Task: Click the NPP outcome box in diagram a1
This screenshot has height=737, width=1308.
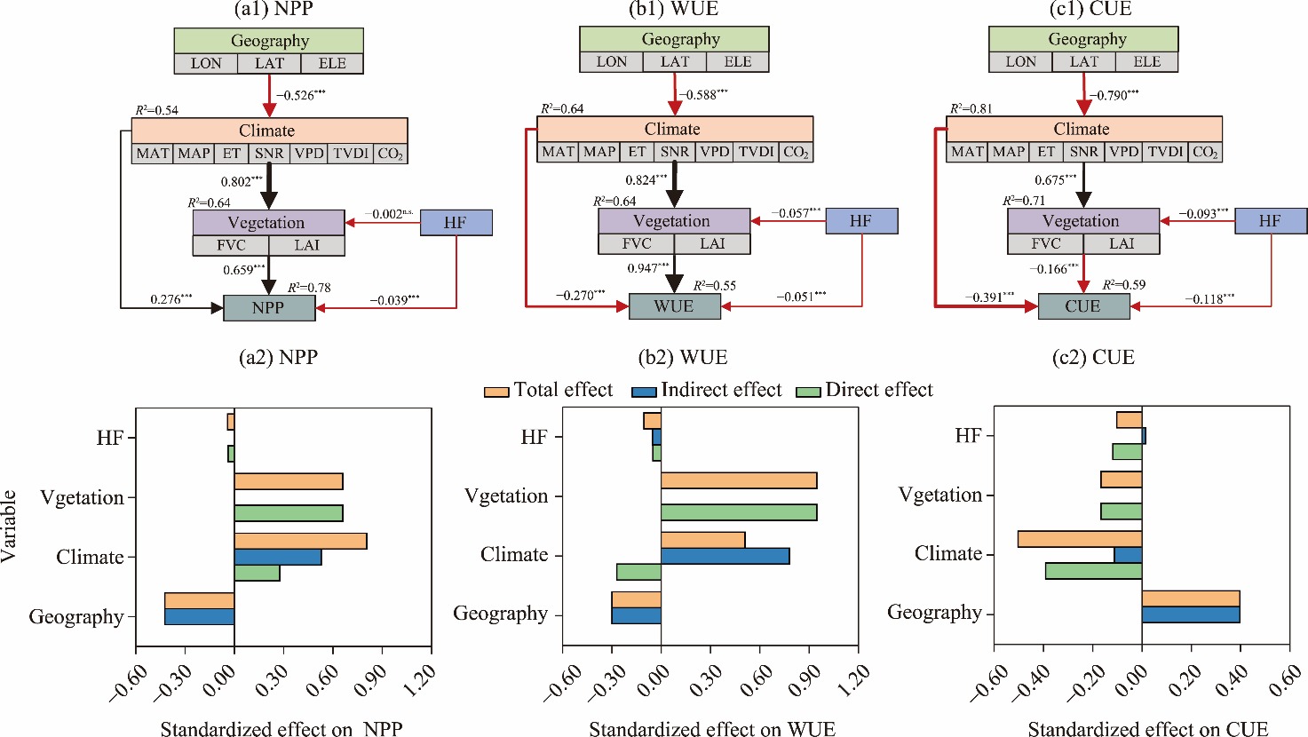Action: pos(268,307)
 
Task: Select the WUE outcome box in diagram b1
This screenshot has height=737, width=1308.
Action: pos(674,306)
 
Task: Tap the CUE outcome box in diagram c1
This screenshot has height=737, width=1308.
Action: pos(1083,306)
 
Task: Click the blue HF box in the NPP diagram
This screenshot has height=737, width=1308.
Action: pos(455,222)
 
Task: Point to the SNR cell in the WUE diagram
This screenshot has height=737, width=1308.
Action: pos(675,152)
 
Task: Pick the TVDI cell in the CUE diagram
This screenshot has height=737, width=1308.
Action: pos(1165,152)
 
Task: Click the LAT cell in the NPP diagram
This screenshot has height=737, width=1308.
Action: pos(269,63)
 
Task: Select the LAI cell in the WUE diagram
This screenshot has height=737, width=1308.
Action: pos(712,243)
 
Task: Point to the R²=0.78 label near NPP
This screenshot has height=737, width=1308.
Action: pos(309,287)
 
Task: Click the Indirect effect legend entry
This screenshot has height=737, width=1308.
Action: pos(707,390)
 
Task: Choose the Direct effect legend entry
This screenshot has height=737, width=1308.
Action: pos(865,390)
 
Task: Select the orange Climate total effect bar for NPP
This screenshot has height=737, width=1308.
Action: pos(300,542)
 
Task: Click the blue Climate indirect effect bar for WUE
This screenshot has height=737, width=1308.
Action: pos(725,556)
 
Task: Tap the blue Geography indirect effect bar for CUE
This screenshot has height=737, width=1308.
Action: pos(1190,614)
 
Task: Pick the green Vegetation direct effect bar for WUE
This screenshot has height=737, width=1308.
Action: pos(738,512)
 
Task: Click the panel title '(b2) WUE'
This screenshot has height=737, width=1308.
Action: pos(682,357)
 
